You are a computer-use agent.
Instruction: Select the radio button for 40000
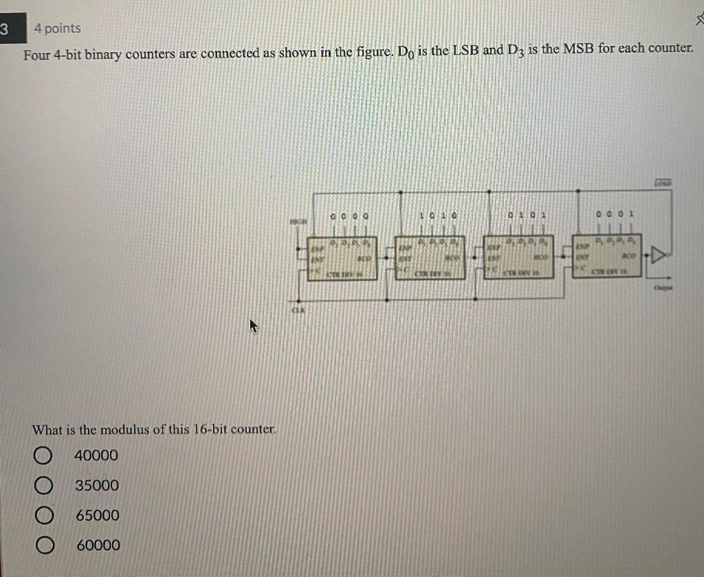point(43,456)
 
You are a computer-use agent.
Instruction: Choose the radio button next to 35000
point(43,486)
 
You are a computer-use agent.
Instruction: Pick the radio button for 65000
point(43,516)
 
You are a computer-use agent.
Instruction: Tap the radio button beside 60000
point(43,546)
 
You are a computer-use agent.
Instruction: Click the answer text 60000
point(98,545)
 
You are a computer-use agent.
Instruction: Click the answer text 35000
point(97,486)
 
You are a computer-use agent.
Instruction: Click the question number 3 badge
point(6,30)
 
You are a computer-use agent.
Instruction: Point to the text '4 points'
point(57,29)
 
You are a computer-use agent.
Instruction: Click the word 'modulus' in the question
point(124,430)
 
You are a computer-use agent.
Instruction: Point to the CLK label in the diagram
point(297,310)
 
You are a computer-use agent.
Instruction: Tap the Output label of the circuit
point(663,288)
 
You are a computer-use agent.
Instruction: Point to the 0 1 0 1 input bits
point(527,215)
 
